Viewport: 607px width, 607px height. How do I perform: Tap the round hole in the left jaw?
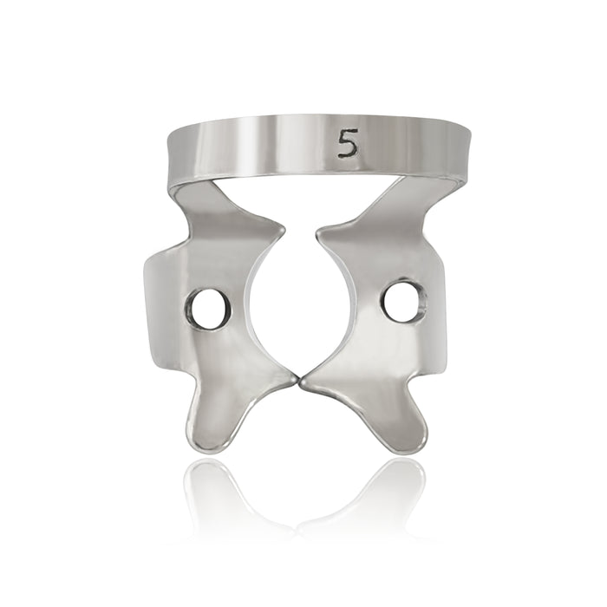point(208,309)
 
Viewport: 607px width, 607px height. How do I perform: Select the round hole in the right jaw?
point(404,303)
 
